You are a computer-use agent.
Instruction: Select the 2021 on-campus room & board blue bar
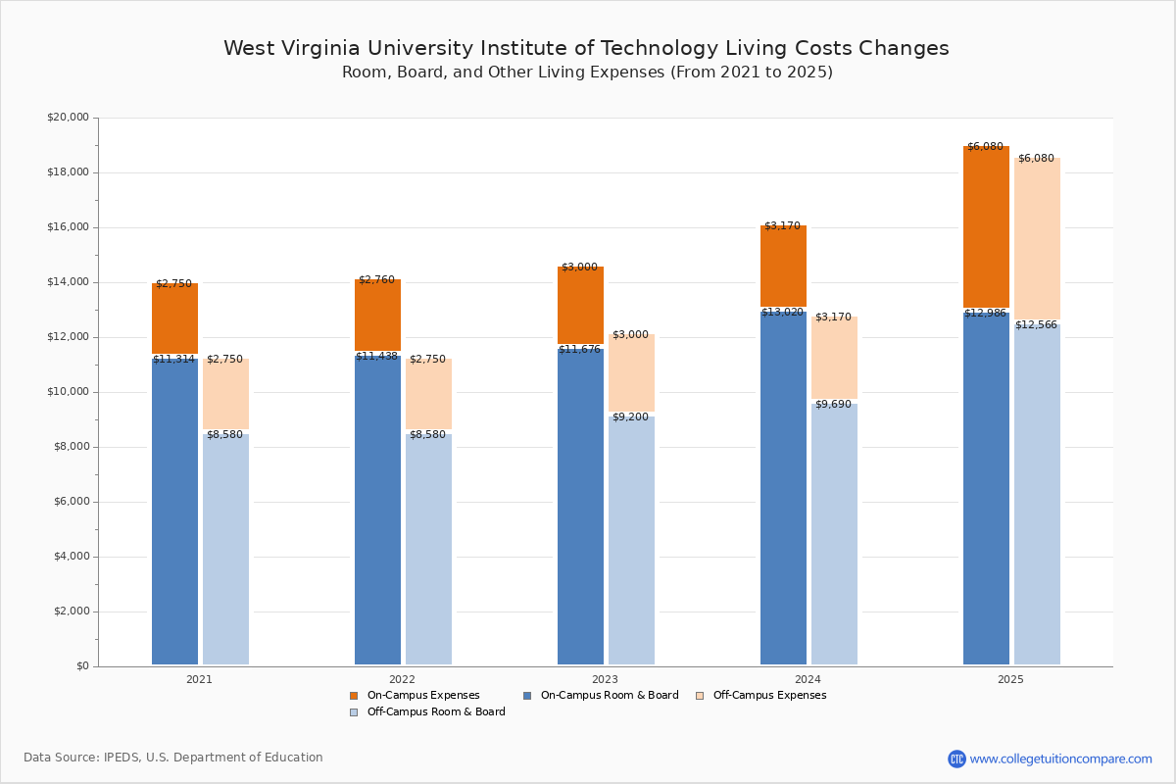point(174,510)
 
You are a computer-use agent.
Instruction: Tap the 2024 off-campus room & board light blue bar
point(834,534)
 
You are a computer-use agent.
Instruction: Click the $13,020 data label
point(782,313)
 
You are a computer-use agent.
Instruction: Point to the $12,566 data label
point(1036,325)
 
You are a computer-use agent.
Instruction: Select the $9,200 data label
point(630,417)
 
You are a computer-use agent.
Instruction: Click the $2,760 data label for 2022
point(376,280)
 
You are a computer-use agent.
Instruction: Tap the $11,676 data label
point(579,350)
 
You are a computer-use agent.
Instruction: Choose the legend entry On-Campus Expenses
point(422,696)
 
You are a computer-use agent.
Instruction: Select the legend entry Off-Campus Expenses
point(769,696)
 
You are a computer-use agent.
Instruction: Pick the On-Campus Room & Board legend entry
point(609,696)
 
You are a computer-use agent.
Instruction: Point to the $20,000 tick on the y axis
point(68,118)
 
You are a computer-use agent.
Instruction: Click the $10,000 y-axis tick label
point(68,392)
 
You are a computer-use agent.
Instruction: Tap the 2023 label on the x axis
point(605,679)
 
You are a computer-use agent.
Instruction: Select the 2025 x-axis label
point(1010,679)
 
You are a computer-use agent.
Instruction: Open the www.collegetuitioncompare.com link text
point(1060,759)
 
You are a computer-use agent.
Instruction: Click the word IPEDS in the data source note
point(122,758)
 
